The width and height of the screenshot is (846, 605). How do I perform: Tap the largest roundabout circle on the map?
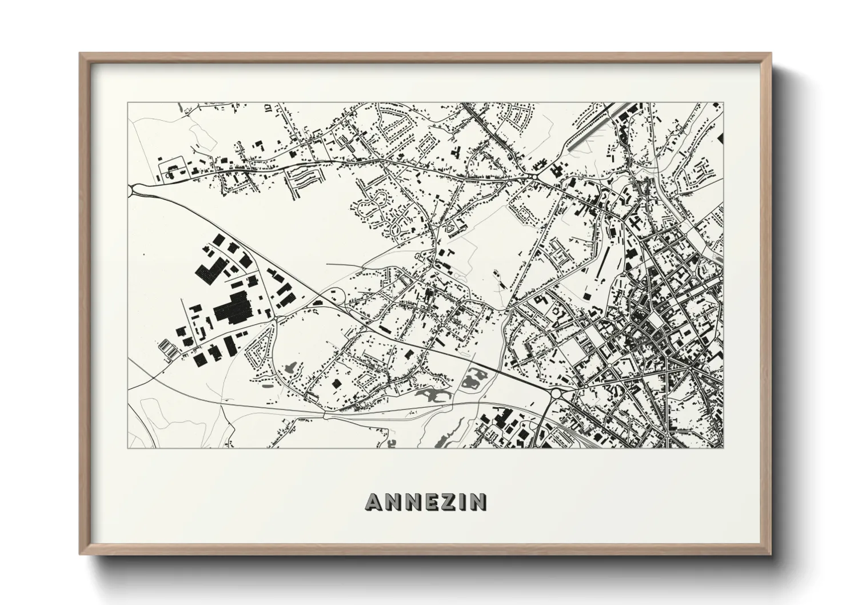(x=556, y=393)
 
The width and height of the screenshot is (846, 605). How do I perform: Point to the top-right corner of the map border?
(x=723, y=103)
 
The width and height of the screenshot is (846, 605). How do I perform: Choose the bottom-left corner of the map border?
(x=128, y=448)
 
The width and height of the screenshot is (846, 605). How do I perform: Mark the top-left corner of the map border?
(x=128, y=103)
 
